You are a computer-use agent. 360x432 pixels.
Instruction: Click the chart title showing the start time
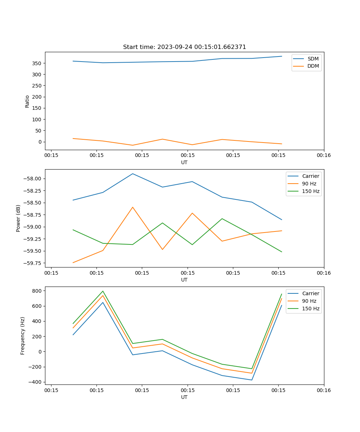pyautogui.click(x=184, y=47)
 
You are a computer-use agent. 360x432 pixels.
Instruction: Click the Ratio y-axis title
pyautogui.click(x=27, y=101)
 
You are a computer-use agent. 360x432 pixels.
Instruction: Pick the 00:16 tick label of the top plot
pyautogui.click(x=324, y=156)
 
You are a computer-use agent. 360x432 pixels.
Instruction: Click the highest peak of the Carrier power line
pyautogui.click(x=132, y=174)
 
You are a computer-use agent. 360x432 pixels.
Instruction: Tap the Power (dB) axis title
pyautogui.click(x=18, y=218)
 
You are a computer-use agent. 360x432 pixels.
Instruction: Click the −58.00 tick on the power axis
pyautogui.click(x=33, y=179)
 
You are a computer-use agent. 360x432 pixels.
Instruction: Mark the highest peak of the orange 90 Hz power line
pyautogui.click(x=132, y=207)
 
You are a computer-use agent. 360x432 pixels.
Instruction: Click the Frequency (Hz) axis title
pyautogui.click(x=23, y=336)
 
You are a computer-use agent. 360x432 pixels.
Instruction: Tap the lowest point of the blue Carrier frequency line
pyautogui.click(x=252, y=380)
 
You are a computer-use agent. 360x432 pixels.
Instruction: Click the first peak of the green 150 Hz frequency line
pyautogui.click(x=103, y=291)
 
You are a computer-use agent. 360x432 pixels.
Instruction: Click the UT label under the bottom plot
pyautogui.click(x=184, y=397)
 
